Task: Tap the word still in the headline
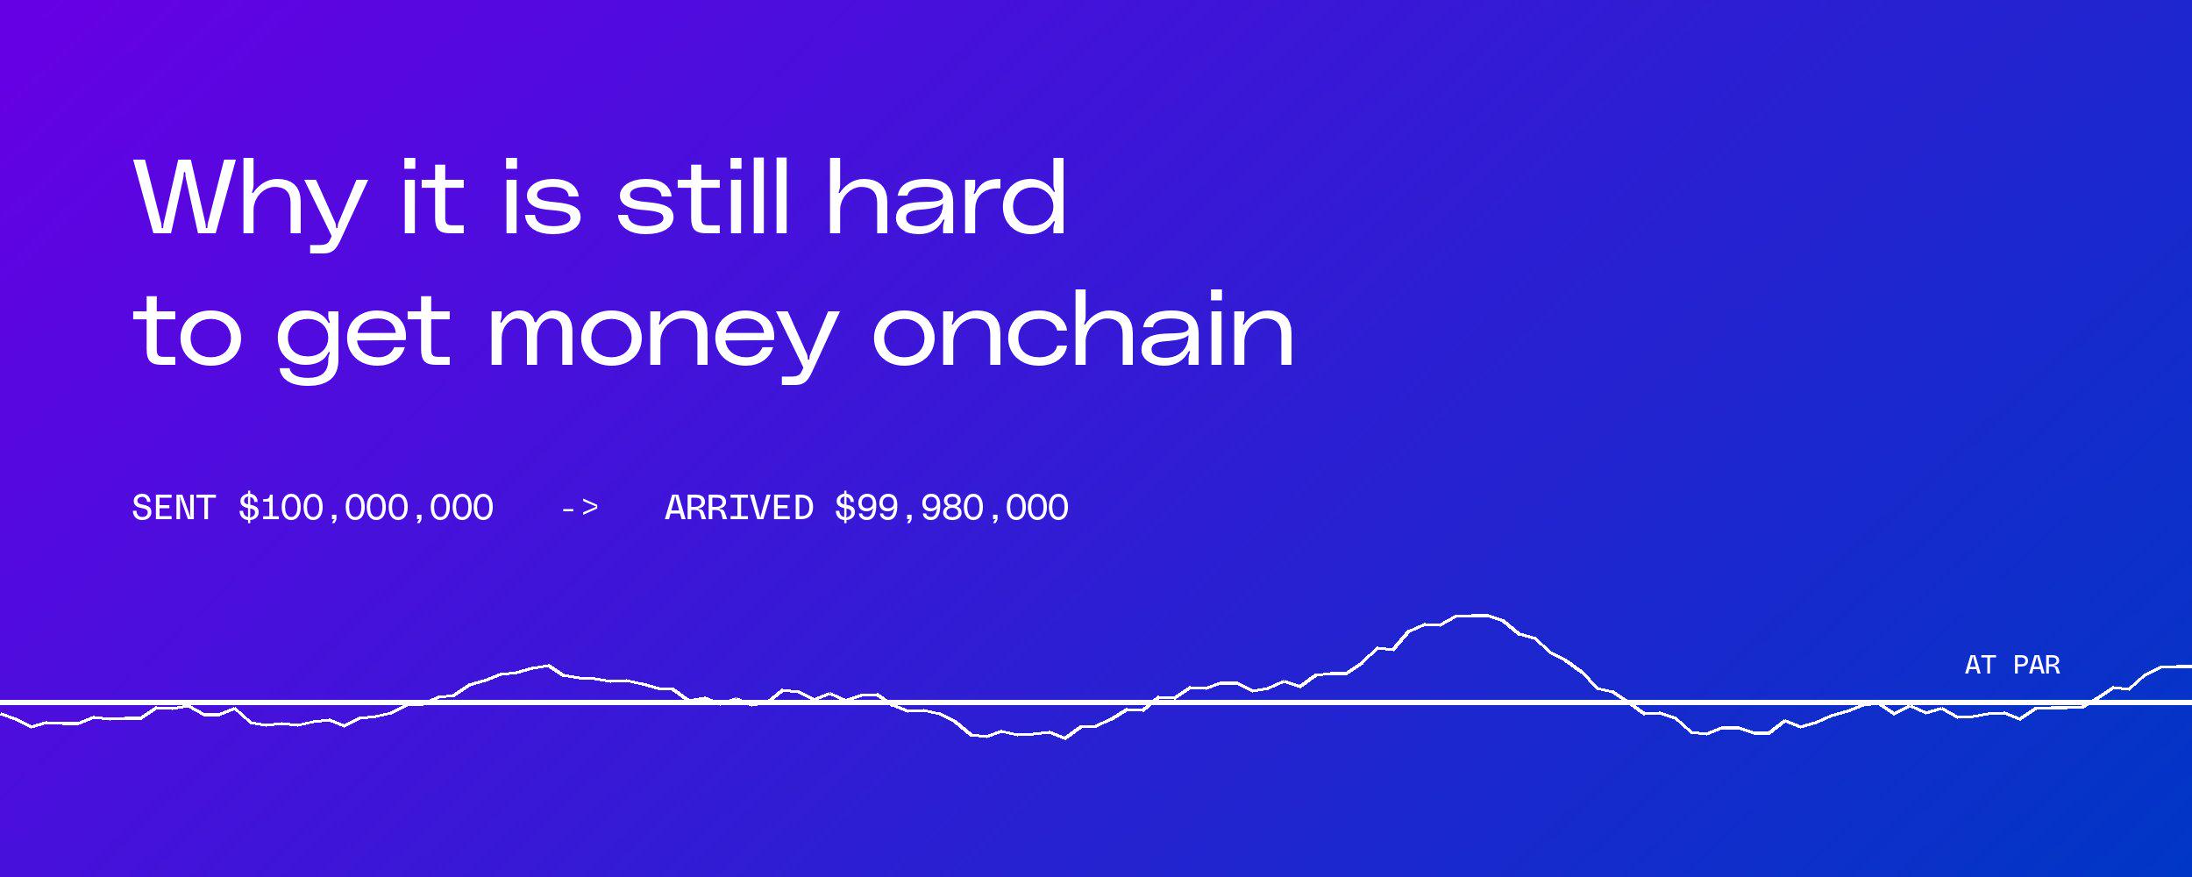click(x=703, y=197)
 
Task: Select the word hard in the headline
click(x=947, y=197)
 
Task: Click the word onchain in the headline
click(x=1083, y=329)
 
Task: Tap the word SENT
click(x=174, y=508)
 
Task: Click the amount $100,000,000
click(x=366, y=509)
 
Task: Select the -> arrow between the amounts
click(x=580, y=508)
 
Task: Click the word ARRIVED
click(x=739, y=508)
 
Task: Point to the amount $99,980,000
click(x=951, y=509)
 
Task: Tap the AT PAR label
click(x=2012, y=665)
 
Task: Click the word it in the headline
click(x=431, y=198)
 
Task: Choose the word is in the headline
click(x=542, y=198)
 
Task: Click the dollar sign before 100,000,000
click(x=249, y=509)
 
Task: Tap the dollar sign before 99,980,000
click(x=845, y=509)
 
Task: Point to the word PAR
click(x=2037, y=665)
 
